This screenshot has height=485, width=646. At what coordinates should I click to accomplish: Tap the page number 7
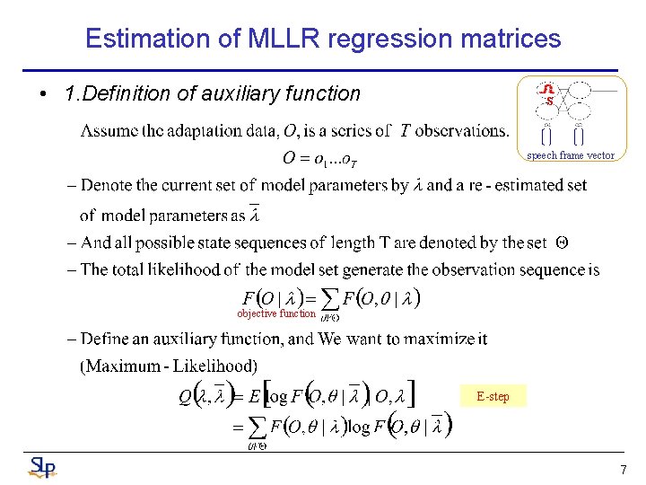click(x=622, y=470)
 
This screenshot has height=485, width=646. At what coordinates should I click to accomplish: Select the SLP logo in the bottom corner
click(x=41, y=466)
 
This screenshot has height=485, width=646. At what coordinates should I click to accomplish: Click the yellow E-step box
click(x=493, y=396)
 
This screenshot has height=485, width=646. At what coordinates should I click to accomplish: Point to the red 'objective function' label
click(x=276, y=313)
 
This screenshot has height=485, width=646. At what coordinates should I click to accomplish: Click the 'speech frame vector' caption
click(x=570, y=155)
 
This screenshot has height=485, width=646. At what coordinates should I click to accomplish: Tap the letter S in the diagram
click(x=549, y=101)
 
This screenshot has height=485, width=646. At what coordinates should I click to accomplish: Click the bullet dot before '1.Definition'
click(x=44, y=94)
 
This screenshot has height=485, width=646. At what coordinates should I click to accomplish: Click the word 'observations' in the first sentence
click(x=461, y=131)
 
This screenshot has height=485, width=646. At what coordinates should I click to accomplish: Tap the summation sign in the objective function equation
click(x=328, y=298)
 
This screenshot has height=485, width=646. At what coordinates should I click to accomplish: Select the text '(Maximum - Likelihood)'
click(x=169, y=366)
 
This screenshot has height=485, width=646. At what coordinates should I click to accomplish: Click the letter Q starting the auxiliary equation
click(x=185, y=395)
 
